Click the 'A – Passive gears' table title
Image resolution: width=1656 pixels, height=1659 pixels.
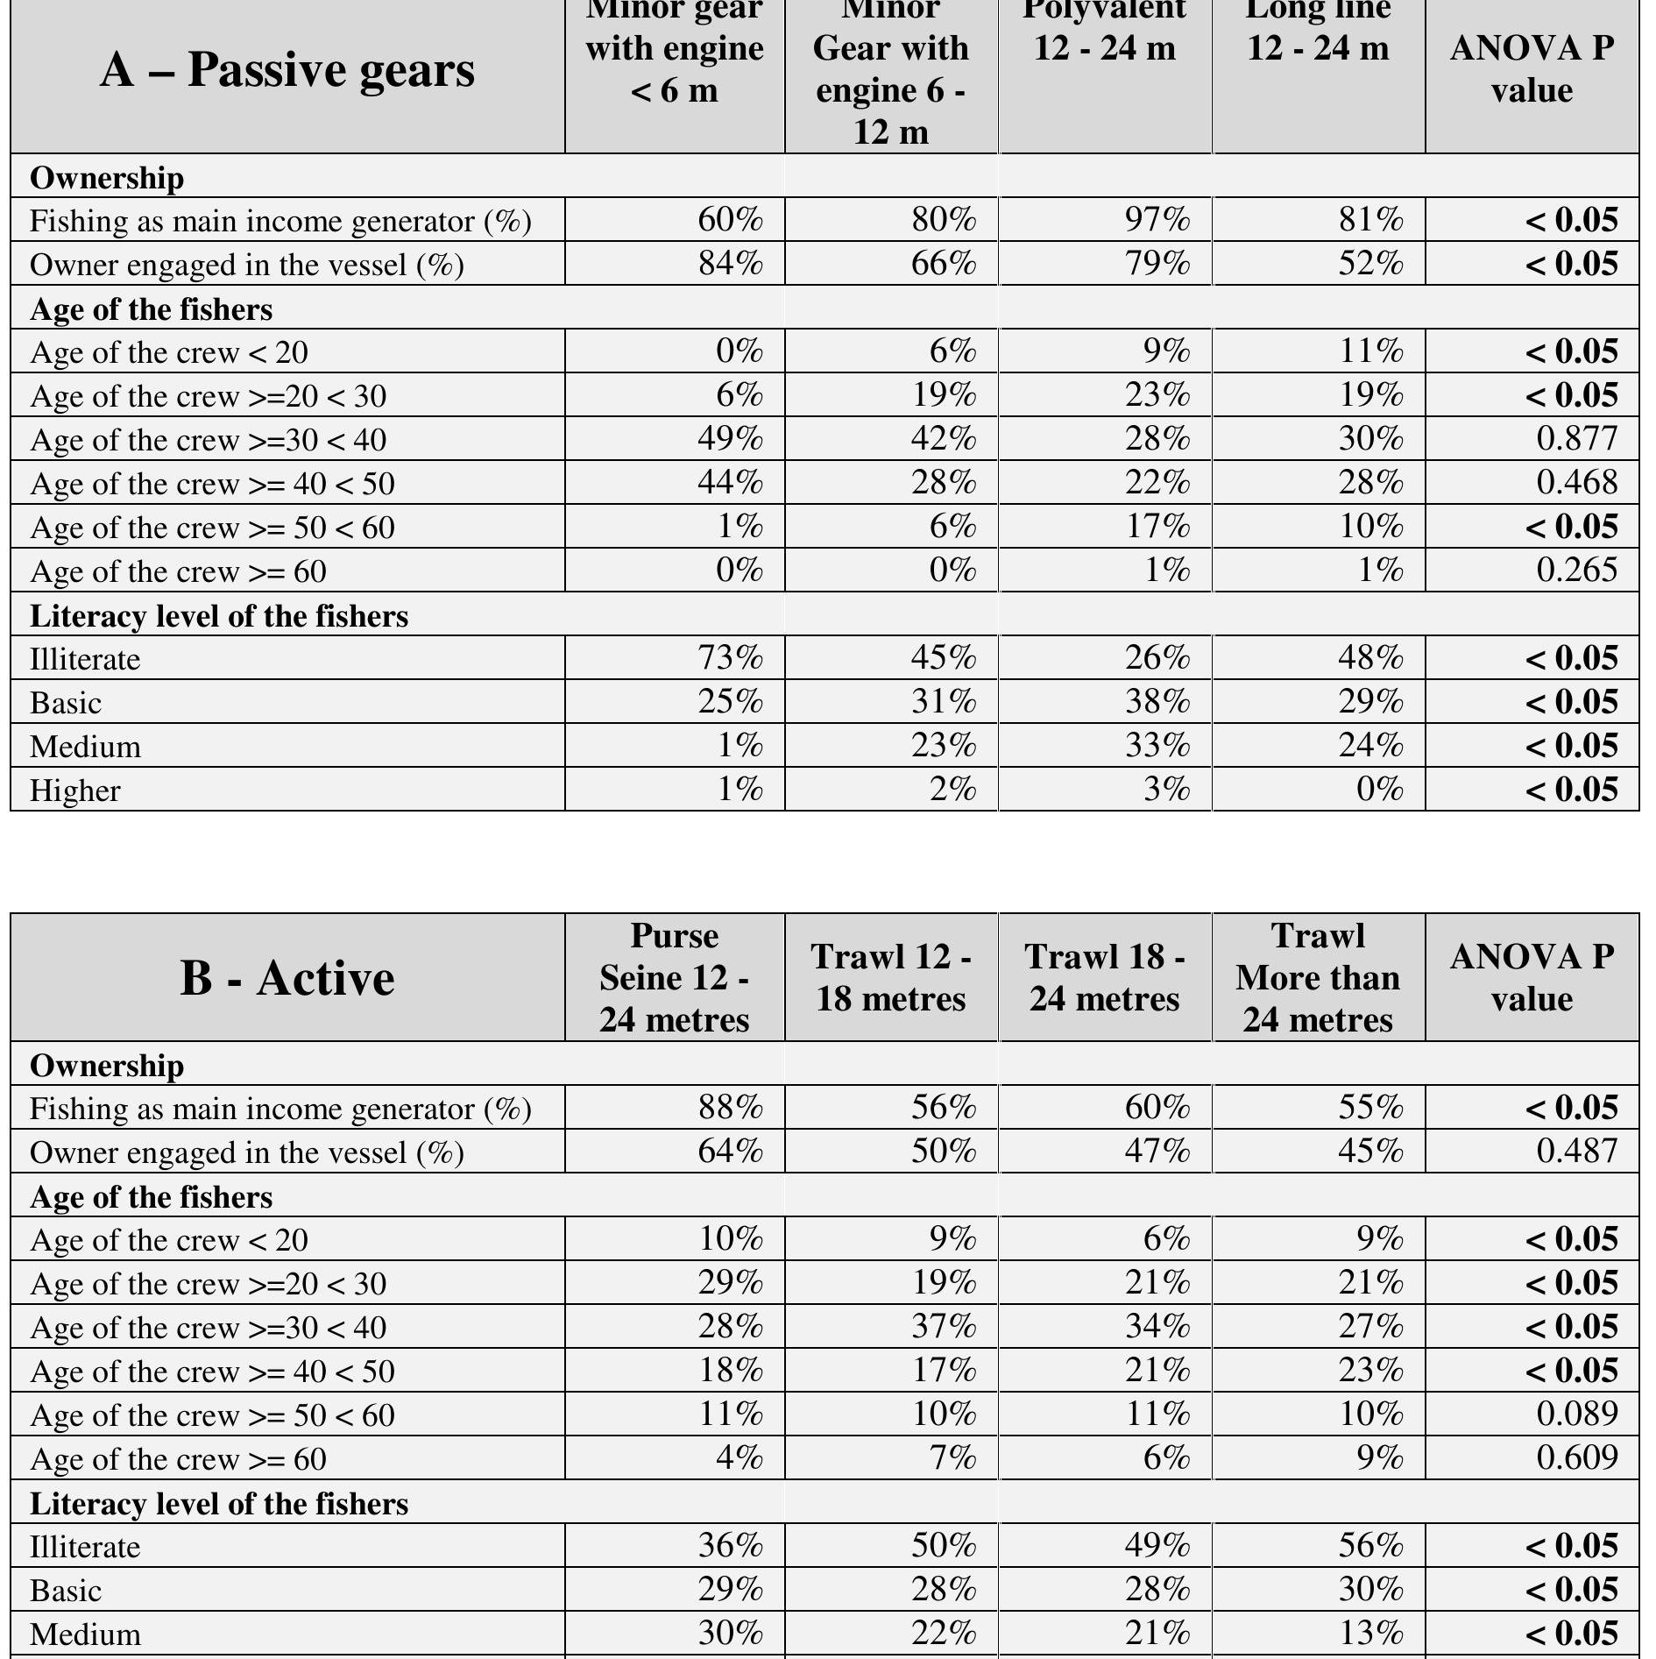click(x=287, y=70)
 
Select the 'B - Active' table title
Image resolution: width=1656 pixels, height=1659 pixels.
click(x=287, y=978)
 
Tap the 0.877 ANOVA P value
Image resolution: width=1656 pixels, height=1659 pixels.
click(x=1576, y=439)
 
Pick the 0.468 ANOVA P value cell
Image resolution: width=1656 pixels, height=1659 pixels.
click(x=1576, y=483)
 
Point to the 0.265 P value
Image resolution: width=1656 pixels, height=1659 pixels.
click(x=1576, y=571)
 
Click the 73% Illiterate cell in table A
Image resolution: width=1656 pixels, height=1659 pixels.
click(x=730, y=658)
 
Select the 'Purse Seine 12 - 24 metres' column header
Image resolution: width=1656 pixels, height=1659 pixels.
click(x=674, y=978)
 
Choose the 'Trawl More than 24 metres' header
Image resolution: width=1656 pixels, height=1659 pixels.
click(x=1318, y=978)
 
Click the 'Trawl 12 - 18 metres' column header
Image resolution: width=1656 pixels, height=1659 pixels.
click(x=890, y=978)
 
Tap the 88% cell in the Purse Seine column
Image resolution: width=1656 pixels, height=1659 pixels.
click(x=730, y=1108)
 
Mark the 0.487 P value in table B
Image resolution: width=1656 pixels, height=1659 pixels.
click(x=1576, y=1152)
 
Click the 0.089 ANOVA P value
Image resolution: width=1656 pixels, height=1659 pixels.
click(x=1576, y=1414)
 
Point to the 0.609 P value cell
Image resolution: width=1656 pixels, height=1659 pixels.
click(x=1576, y=1458)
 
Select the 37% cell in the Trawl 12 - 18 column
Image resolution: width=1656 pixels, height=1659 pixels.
click(x=944, y=1327)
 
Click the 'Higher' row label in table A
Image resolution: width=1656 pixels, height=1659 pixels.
click(x=75, y=791)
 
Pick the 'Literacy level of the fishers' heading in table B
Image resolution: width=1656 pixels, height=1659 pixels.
click(x=219, y=1504)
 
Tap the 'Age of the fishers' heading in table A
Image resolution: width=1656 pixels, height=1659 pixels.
click(x=151, y=309)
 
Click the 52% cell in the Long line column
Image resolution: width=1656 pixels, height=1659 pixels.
click(x=1370, y=264)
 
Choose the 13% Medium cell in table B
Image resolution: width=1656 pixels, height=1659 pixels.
click(x=1370, y=1634)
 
